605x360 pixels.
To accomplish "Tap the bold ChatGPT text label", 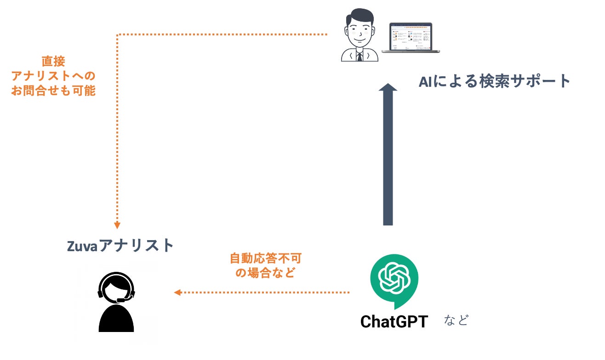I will coord(394,321).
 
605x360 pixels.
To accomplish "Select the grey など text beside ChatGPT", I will coord(456,321).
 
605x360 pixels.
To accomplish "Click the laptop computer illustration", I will coord(411,38).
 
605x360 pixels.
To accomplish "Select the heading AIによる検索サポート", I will coord(494,81).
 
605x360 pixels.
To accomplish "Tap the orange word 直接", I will coord(53,61).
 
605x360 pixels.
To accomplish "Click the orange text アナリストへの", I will coord(53,76).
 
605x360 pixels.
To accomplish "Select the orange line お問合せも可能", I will coord(53,90).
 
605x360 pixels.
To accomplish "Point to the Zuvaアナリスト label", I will coord(120,245).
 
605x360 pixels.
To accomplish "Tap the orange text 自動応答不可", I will coord(265,258).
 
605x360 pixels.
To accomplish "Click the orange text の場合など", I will coord(265,273).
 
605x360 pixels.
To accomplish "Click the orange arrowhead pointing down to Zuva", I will coord(117,225).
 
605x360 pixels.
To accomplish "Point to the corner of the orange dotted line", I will coord(118,34).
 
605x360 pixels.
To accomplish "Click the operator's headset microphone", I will coord(120,300).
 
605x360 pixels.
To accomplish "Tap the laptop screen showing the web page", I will coord(411,36).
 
